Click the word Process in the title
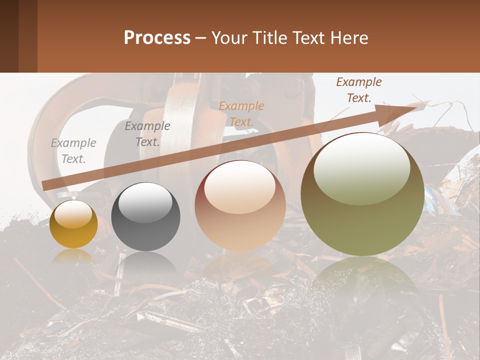click(157, 38)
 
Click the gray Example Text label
click(73, 151)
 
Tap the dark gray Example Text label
click(147, 134)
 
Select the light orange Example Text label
click(241, 113)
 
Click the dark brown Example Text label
click(359, 90)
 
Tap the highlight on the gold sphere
click(73, 214)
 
